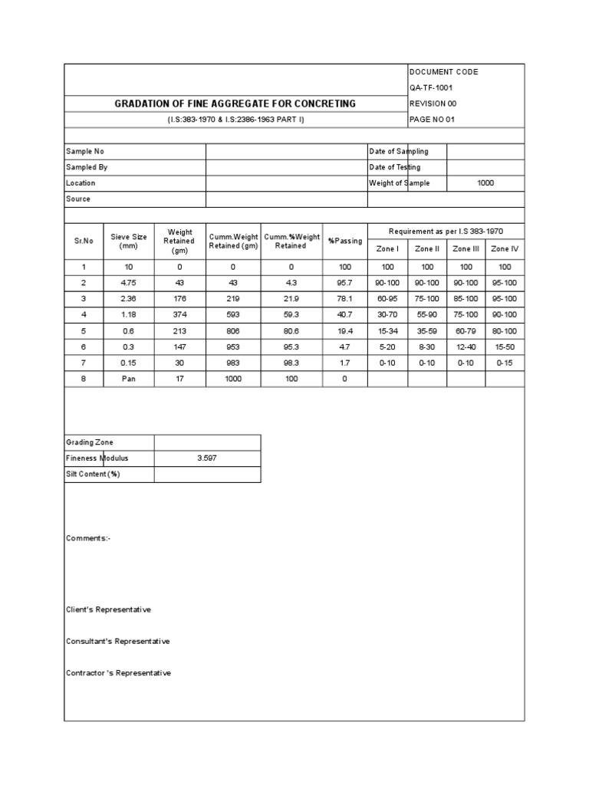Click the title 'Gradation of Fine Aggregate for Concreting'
click(x=235, y=103)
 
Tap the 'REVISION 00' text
click(x=433, y=103)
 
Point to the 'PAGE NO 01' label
click(x=433, y=120)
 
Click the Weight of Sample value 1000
click(x=485, y=183)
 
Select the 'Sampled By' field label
click(x=87, y=167)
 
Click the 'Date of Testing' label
click(x=394, y=167)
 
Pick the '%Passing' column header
click(x=345, y=241)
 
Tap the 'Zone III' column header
click(x=466, y=249)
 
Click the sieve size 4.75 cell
click(x=129, y=283)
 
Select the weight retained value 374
click(x=179, y=315)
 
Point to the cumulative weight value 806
click(x=233, y=331)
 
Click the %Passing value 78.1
click(x=345, y=299)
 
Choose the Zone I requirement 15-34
click(x=387, y=331)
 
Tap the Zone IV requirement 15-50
click(x=505, y=347)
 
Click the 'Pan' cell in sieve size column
click(x=129, y=379)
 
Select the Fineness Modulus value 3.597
click(x=207, y=458)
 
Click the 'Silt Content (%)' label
click(x=93, y=475)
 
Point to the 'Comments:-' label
click(x=88, y=538)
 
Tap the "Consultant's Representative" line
click(x=118, y=641)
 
